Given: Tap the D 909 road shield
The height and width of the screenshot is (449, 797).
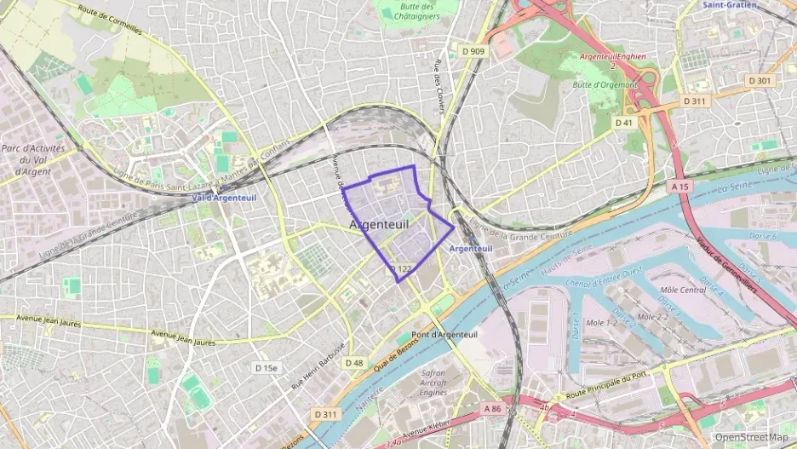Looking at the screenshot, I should click(x=473, y=51).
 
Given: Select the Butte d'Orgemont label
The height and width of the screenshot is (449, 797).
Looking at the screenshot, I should click(x=605, y=84).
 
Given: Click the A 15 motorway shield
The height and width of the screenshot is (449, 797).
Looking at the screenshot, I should click(x=679, y=186).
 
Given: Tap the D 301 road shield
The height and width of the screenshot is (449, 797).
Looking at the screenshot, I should click(x=760, y=80).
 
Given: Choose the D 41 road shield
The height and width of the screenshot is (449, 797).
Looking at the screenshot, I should click(x=625, y=123).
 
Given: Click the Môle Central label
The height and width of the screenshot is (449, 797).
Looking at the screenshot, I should click(x=683, y=290).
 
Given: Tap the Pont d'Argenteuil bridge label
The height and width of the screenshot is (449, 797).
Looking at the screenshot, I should click(x=444, y=334).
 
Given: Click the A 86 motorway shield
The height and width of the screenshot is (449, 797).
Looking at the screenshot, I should click(x=493, y=408).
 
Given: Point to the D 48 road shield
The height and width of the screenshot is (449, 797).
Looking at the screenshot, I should click(x=354, y=362).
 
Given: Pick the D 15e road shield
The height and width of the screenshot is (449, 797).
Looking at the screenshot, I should click(x=266, y=368).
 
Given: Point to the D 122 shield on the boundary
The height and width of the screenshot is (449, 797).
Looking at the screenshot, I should click(x=401, y=269).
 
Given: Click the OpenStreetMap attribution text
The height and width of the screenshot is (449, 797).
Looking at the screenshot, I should click(x=751, y=437).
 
